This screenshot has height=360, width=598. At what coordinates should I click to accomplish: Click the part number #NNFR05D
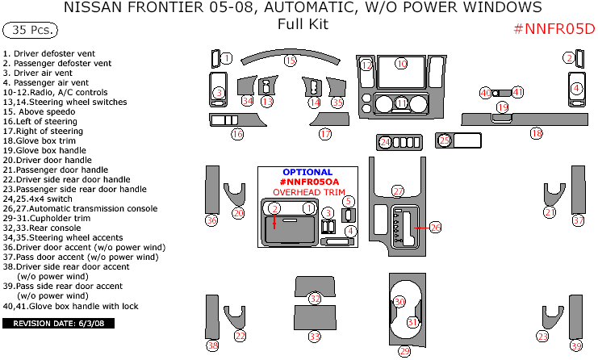point(554,30)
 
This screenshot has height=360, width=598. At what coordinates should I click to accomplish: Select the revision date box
point(59,324)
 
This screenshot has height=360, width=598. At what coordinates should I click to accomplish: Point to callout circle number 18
point(536,133)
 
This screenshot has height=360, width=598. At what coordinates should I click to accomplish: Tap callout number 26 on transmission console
point(436,228)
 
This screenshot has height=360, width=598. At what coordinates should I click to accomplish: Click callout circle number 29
point(404,350)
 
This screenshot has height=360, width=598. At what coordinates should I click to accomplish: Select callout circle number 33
point(315,336)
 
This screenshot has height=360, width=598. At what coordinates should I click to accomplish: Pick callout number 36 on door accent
point(211,220)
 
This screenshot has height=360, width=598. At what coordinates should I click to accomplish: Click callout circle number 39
point(576,345)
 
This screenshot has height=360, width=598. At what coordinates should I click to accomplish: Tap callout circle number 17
point(325,134)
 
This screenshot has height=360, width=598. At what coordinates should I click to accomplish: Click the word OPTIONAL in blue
point(307,172)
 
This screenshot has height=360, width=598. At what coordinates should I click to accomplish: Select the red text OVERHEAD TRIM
point(307,192)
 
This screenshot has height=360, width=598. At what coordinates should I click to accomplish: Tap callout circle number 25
point(444,140)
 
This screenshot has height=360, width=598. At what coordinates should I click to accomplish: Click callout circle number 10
point(402,64)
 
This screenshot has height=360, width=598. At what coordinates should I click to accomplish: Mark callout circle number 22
point(240,336)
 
